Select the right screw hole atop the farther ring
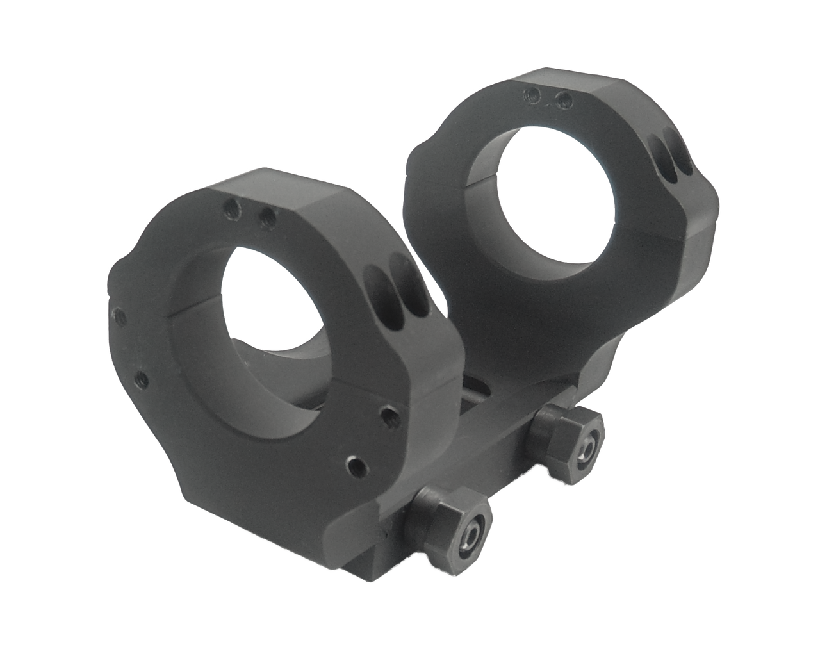pos(564,98)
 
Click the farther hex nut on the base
pos(570,441)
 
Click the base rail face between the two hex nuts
pos(506,474)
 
